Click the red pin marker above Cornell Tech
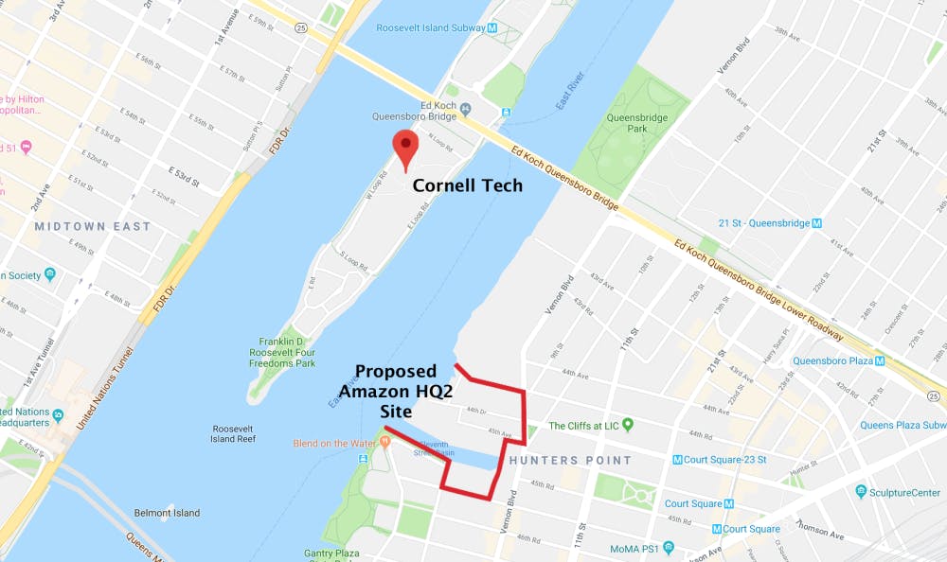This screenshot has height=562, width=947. click(406, 147)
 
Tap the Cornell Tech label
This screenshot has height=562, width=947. click(467, 186)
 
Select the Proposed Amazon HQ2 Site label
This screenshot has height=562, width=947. click(395, 391)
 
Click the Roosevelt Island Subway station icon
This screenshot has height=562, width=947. click(491, 28)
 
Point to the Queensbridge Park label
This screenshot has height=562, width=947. click(626, 122)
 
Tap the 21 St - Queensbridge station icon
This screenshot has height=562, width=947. click(817, 223)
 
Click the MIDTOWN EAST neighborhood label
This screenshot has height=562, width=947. click(93, 227)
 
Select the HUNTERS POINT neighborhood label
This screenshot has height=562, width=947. click(569, 461)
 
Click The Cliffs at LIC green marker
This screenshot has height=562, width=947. click(626, 426)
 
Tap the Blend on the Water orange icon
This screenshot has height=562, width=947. click(384, 444)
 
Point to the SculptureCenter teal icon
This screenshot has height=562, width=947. click(861, 492)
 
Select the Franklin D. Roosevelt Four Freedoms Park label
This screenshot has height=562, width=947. click(287, 352)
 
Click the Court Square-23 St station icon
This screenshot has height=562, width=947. click(677, 460)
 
